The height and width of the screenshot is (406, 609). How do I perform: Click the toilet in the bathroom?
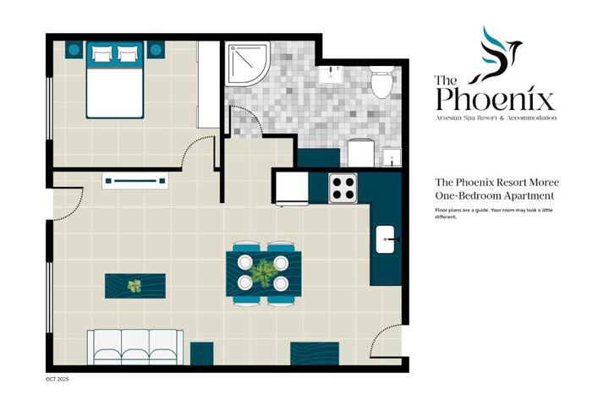[x=382, y=81]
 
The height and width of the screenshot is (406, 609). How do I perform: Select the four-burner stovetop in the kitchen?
[x=343, y=188]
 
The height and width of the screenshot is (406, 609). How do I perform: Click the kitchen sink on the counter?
[x=385, y=239]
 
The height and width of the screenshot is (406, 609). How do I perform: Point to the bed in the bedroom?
[x=115, y=80]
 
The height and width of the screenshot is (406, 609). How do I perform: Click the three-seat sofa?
[x=135, y=347]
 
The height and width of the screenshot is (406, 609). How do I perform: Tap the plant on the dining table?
[x=263, y=272]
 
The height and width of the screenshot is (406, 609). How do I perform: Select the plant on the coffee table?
[x=134, y=286]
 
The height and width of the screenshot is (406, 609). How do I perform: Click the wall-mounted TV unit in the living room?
[x=135, y=181]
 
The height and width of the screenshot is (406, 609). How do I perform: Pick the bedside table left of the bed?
[x=74, y=50]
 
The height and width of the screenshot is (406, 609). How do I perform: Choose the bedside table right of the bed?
[x=156, y=50]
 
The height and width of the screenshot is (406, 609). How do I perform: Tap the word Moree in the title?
[x=546, y=182]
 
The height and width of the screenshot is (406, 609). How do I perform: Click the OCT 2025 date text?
[x=58, y=379]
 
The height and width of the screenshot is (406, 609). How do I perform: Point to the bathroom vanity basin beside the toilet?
[x=331, y=74]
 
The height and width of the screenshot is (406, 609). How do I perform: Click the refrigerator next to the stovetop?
[x=293, y=189]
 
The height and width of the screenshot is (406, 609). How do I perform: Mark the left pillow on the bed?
[x=102, y=54]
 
